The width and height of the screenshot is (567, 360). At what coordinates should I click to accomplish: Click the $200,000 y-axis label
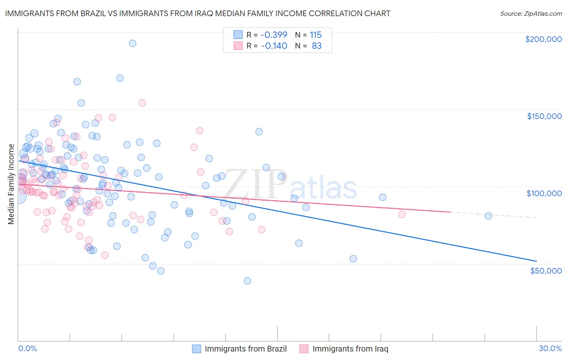point(543,39)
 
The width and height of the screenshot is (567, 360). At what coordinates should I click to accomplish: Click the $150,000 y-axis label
point(544,116)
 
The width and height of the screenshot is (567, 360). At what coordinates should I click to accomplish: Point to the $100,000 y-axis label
point(544,193)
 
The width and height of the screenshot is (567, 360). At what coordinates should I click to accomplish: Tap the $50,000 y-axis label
point(546,270)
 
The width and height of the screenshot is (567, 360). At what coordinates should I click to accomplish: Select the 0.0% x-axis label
point(28,348)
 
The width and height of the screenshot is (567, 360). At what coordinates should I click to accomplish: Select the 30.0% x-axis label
point(550,348)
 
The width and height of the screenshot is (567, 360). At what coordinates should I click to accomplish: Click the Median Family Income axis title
point(11,184)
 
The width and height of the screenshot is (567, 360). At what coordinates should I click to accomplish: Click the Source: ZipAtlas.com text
point(531,13)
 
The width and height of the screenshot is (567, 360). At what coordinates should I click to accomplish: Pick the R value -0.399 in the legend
point(274,35)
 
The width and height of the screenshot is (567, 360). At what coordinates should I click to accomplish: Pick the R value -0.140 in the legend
point(274,46)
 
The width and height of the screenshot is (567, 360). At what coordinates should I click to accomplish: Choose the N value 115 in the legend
point(316,35)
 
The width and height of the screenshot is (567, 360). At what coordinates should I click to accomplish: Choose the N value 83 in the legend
point(317,46)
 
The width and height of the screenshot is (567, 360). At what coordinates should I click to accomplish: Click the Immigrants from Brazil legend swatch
point(196,349)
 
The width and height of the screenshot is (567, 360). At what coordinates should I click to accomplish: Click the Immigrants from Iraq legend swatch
point(304,349)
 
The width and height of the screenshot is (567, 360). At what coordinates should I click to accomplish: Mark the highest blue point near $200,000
point(132,43)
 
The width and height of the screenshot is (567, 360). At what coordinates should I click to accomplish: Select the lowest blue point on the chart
point(248,281)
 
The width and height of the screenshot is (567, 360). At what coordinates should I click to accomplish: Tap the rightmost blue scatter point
point(488,216)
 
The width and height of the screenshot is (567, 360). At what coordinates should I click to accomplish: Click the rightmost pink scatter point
point(402,214)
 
